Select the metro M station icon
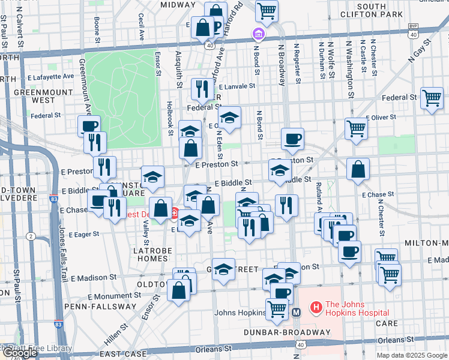(x=296, y=312)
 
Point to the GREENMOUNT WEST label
(x=34, y=97)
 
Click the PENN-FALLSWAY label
(x=107, y=306)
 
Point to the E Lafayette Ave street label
(x=50, y=77)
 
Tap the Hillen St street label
(x=118, y=331)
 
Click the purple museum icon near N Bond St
(x=259, y=34)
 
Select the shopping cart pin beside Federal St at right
(x=432, y=97)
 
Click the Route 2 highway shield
(x=30, y=236)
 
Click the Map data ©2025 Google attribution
(x=412, y=356)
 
